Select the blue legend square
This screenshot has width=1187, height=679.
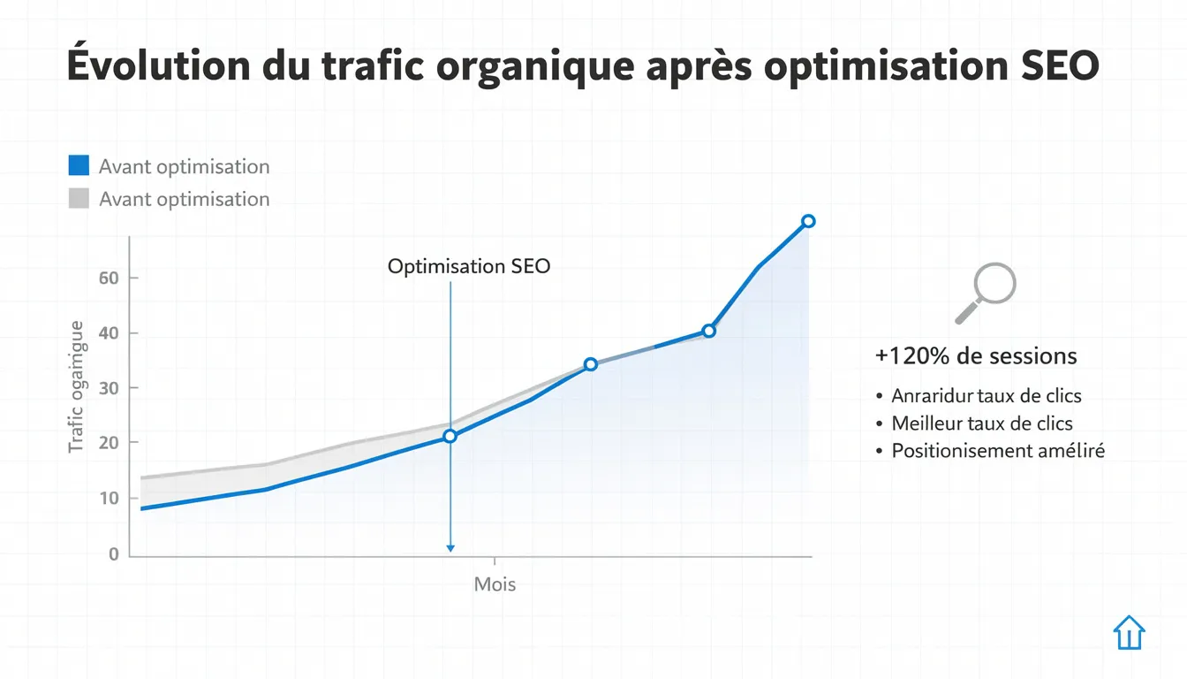coord(79,165)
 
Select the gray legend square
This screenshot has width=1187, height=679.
coord(79,198)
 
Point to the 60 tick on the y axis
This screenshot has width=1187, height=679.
coord(108,278)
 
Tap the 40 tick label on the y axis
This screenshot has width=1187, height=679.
coord(108,333)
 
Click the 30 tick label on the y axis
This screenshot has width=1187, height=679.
coord(108,387)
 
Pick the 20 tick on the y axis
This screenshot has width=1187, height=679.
coord(108,442)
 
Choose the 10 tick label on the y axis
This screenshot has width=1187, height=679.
coord(108,498)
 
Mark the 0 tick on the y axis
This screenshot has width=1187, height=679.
coord(113,554)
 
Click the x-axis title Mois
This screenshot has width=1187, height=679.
coord(495,584)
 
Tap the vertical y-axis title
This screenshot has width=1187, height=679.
coord(77,386)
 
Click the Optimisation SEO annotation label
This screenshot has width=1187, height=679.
coord(469,266)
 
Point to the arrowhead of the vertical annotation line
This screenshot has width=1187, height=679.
coord(450,548)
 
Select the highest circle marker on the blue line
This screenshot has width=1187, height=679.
coord(807,221)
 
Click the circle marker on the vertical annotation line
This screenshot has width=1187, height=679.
coord(450,436)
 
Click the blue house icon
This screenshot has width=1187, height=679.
coord(1129,633)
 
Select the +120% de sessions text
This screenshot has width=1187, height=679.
coord(976,356)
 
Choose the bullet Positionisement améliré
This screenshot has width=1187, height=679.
coord(998,451)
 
